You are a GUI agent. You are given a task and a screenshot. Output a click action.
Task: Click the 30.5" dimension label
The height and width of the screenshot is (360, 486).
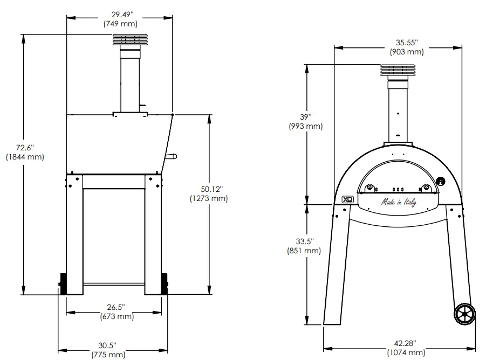(108, 345)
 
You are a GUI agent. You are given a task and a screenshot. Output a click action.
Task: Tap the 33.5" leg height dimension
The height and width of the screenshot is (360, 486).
(305, 241)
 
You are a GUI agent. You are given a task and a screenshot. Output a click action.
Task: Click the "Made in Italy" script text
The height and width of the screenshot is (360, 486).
(399, 203)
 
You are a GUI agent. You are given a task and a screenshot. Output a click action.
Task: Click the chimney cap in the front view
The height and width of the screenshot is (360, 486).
(399, 71)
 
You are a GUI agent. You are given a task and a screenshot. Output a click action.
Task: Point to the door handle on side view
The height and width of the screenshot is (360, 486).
(172, 157)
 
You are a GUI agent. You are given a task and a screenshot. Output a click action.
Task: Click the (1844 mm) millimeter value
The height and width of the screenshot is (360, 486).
(24, 157)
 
